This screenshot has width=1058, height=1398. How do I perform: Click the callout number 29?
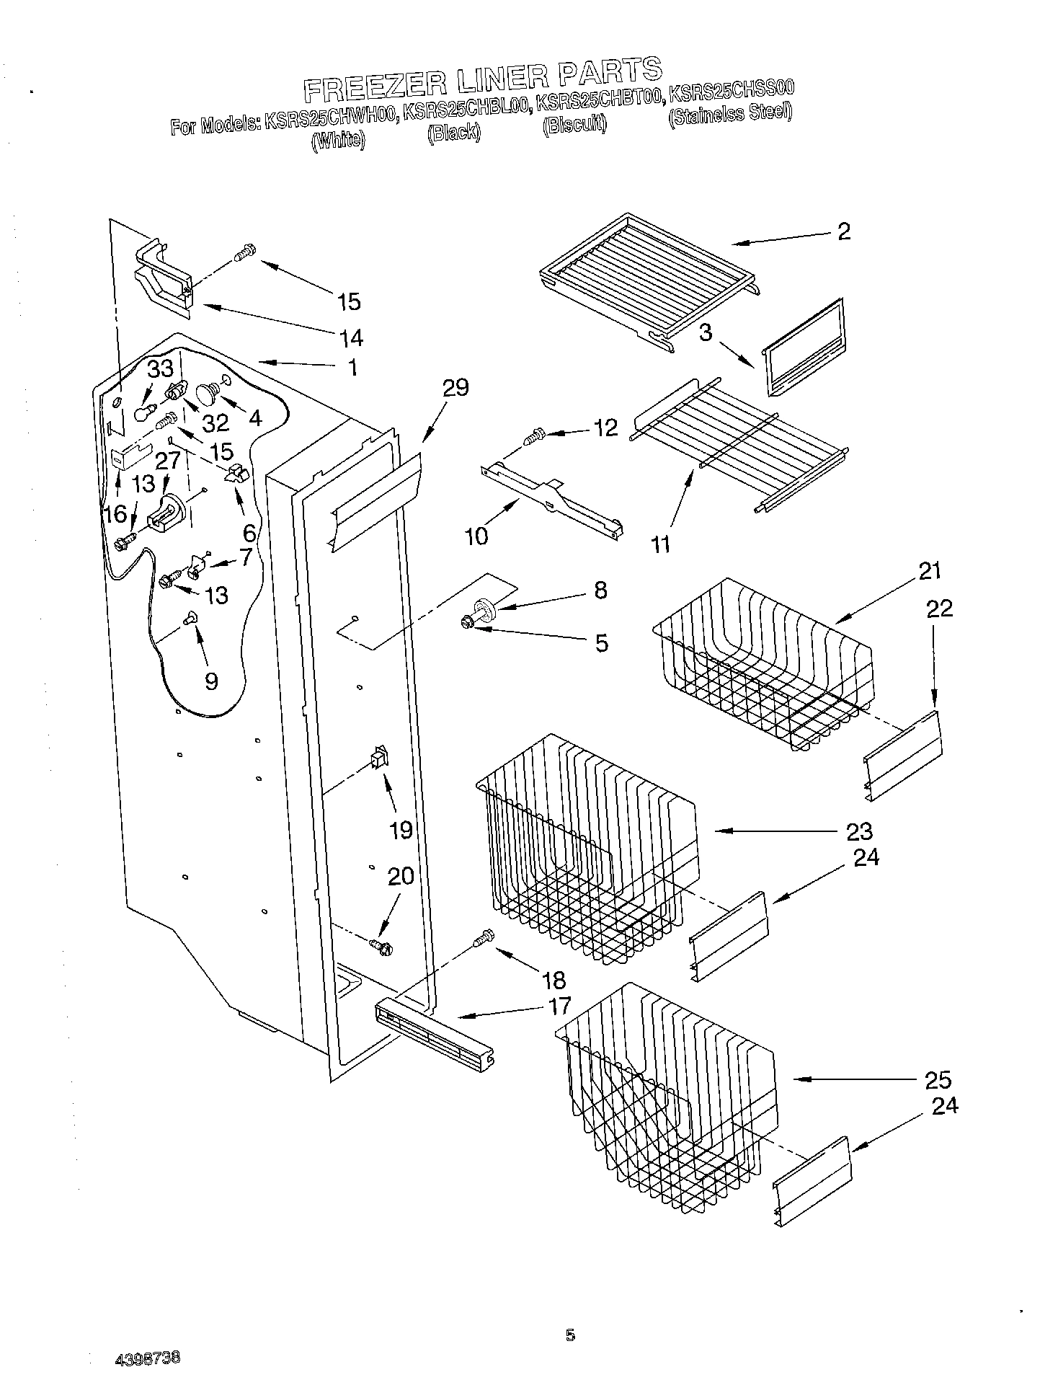pos(455,388)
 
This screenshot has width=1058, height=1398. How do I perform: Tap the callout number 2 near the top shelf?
pos(843,231)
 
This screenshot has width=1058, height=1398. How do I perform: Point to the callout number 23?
pos(859,831)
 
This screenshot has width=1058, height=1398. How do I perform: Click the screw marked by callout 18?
pos(484,937)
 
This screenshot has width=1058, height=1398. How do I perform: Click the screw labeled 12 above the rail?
pos(535,436)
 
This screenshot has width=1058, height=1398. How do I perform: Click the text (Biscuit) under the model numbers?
pos(574,125)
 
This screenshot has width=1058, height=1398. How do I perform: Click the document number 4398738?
pos(148,1359)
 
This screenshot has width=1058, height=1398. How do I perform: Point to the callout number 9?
pos(210,681)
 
